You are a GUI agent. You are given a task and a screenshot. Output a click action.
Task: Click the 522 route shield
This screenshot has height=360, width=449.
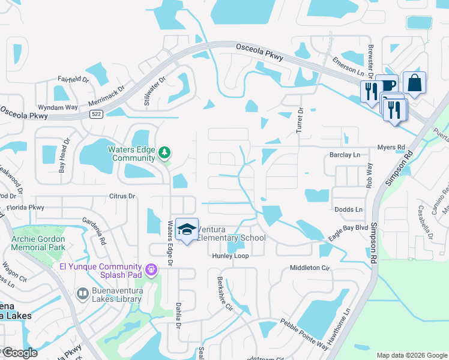95,113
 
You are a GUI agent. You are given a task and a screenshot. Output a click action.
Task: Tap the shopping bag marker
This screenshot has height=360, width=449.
414,83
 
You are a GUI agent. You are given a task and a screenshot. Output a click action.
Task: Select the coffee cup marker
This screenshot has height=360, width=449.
387,85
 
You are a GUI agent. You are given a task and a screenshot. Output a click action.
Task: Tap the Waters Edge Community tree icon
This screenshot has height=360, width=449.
164,154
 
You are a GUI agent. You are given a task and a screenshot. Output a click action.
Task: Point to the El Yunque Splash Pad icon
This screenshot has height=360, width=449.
151,270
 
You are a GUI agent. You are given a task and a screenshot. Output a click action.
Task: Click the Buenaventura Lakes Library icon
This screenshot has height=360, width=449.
83,293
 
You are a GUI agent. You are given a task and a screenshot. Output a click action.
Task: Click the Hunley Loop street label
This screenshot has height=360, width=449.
229,256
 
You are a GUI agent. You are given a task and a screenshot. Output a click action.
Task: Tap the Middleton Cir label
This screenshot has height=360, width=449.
310,268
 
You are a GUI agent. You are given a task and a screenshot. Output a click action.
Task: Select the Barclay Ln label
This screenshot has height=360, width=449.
345,155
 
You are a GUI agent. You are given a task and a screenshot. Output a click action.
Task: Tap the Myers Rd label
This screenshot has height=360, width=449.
391,147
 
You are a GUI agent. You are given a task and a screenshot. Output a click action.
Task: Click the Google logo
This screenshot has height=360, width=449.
20,353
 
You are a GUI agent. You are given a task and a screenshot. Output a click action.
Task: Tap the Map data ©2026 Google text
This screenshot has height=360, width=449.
411,355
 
